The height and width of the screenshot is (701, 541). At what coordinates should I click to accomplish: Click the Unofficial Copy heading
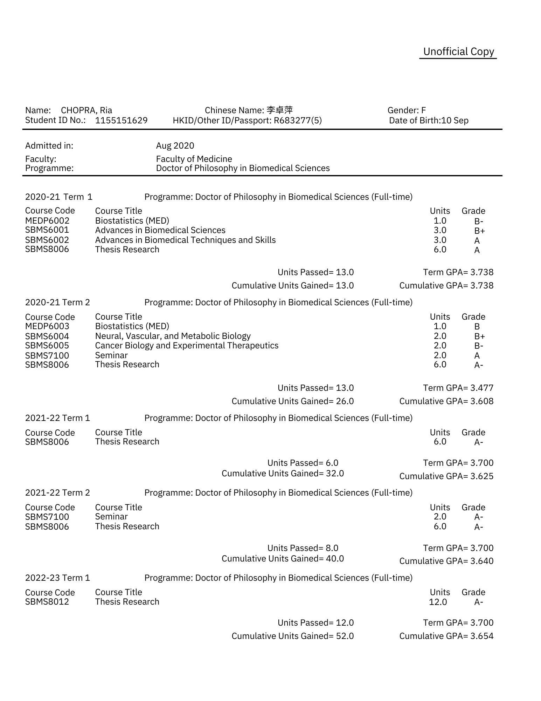pos(458,52)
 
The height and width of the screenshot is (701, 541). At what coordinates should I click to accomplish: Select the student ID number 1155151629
pos(121,121)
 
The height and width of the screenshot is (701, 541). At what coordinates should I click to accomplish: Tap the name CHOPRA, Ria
pos(86,110)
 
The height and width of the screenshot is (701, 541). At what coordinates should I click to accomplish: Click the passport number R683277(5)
pos(298,121)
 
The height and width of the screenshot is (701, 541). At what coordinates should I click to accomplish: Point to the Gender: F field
pos(407,110)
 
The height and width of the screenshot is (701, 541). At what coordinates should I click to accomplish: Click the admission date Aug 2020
pos(175,146)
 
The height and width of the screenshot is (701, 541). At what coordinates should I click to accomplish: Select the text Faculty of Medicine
pos(194,159)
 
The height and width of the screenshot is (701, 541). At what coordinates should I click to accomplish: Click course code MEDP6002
pos(47,221)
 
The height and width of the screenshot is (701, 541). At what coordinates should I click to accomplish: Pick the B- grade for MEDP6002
pos(478,222)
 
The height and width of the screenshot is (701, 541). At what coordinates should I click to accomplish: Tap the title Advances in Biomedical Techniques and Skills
pos(185,240)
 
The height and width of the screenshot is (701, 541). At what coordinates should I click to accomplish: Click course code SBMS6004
pos(47,336)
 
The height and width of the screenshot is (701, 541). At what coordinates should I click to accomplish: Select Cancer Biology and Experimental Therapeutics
pos(187,346)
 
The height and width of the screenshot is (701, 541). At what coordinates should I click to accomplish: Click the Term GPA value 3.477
pos(482,388)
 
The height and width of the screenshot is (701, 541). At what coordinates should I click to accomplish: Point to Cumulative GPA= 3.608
pos(446,401)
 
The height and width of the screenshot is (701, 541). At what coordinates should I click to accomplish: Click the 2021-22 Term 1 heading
pos(57,418)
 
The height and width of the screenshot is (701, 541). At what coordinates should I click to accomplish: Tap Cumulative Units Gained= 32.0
pos(283,474)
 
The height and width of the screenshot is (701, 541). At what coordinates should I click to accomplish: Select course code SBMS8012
pos(47,602)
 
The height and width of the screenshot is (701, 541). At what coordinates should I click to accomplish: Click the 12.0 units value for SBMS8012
pos(438,602)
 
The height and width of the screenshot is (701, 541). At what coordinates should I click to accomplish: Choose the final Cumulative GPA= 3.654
pos(446,636)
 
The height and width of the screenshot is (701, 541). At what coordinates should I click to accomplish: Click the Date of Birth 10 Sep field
pos(429,121)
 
